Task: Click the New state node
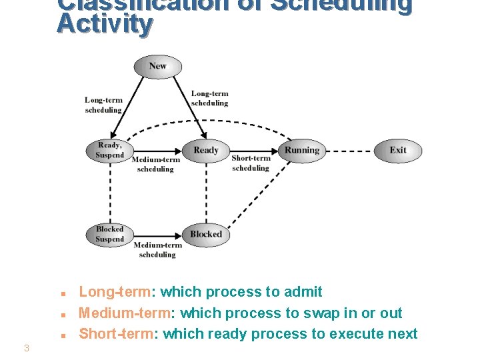tap(158, 66)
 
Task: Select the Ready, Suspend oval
tap(109, 151)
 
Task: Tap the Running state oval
tap(302, 151)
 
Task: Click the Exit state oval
tap(398, 151)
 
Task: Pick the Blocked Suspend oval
tap(109, 234)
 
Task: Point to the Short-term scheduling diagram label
tap(251, 163)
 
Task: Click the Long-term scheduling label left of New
tap(103, 105)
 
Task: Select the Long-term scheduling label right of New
tap(209, 98)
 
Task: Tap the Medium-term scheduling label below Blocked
tap(157, 250)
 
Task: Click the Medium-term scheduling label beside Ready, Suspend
tap(155, 165)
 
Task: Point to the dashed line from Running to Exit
tap(349, 151)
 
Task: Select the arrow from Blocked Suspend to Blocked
tap(157, 234)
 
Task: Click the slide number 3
tap(26, 347)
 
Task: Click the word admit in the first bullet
tap(303, 292)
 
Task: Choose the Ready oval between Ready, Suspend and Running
tap(206, 151)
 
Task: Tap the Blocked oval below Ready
tap(206, 234)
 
